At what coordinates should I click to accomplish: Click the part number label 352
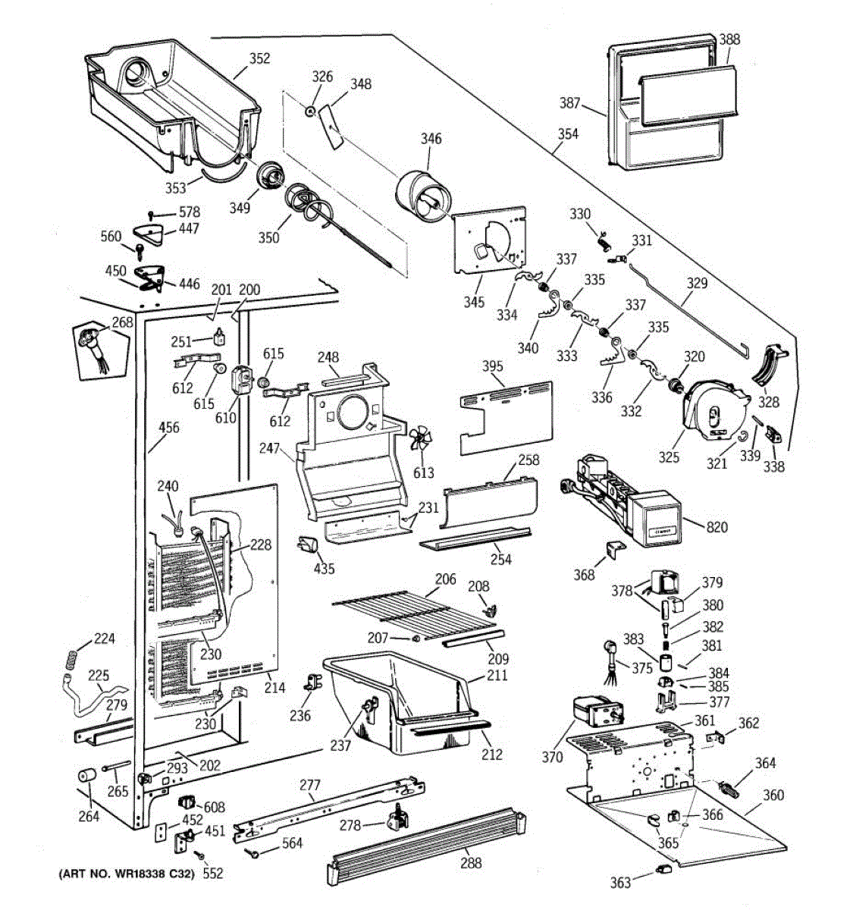[259, 58]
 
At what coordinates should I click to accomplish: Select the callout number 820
[717, 526]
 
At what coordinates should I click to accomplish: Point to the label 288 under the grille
[471, 862]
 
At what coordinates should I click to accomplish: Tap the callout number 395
[493, 366]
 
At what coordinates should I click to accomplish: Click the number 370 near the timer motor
[553, 757]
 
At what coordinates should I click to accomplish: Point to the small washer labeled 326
[311, 111]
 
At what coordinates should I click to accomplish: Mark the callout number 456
[168, 428]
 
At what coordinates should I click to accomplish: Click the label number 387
[591, 104]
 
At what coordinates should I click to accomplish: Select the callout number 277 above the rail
[309, 785]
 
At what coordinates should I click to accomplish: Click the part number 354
[568, 133]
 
